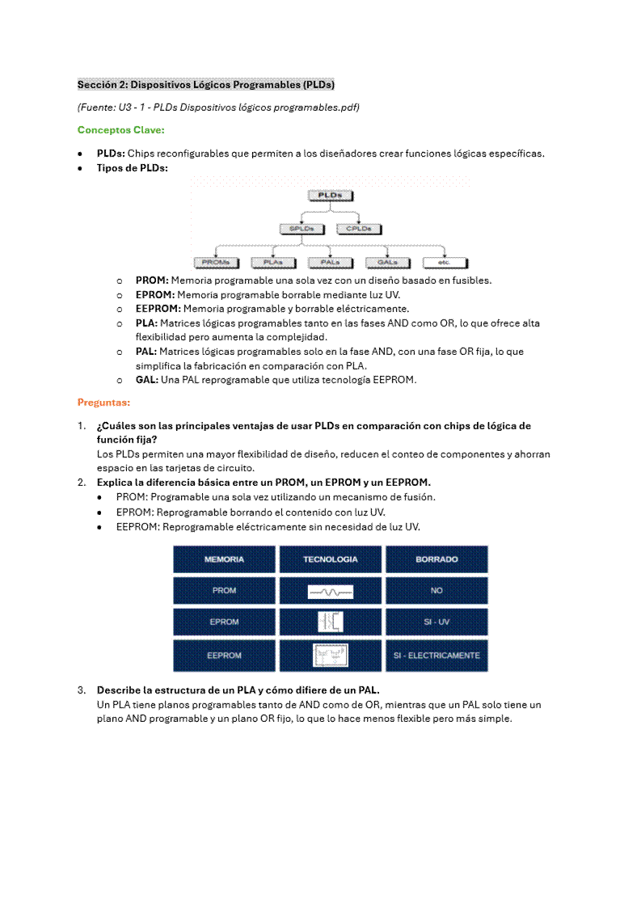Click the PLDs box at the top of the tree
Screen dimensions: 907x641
[329, 196]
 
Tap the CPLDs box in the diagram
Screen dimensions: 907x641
[358, 229]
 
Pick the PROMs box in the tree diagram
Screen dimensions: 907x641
[216, 263]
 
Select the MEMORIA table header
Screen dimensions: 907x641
[224, 559]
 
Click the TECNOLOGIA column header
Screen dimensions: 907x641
[330, 559]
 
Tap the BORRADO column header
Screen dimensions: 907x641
[436, 559]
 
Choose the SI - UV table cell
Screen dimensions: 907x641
[436, 622]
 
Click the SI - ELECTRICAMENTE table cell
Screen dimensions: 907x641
[436, 656]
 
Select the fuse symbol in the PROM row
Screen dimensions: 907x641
[330, 592]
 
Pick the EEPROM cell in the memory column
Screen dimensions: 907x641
[224, 656]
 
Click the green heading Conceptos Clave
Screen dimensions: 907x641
[120, 130]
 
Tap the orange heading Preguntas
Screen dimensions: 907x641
[103, 403]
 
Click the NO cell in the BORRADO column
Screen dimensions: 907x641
[436, 591]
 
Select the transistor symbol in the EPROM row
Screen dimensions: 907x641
[330, 622]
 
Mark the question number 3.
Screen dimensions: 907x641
[82, 690]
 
